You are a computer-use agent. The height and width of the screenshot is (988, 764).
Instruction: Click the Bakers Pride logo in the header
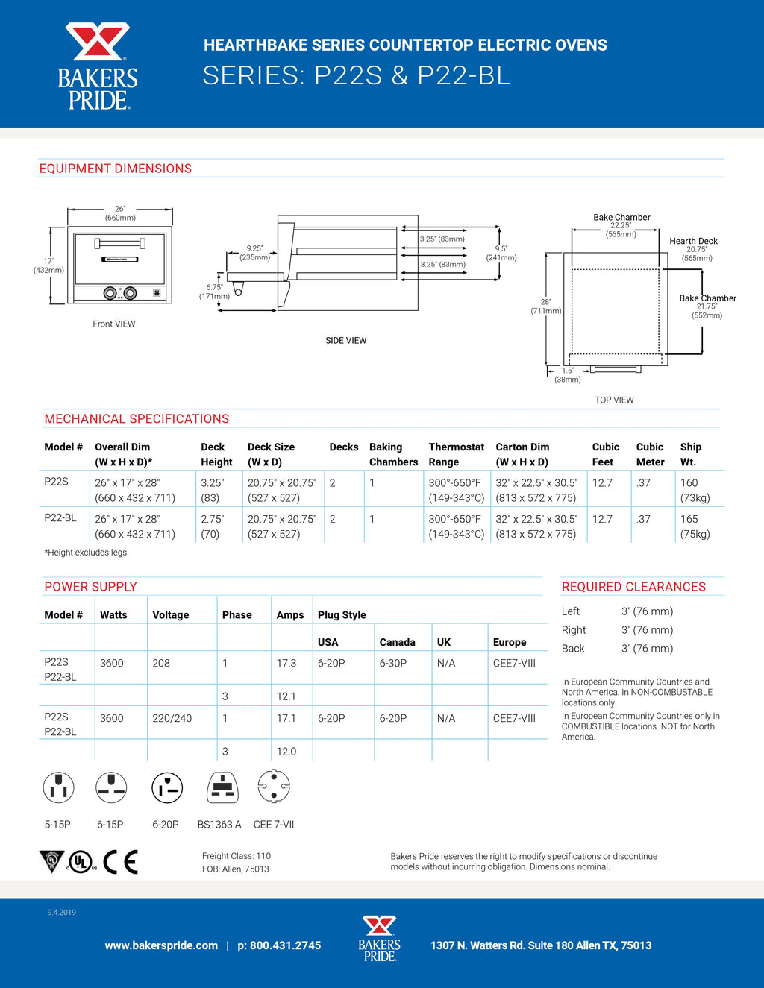click(98, 66)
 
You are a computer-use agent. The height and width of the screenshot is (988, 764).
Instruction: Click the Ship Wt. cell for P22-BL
click(695, 526)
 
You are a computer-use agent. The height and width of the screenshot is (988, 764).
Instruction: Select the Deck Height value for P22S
click(212, 490)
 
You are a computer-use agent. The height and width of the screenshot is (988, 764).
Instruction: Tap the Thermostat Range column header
click(456, 454)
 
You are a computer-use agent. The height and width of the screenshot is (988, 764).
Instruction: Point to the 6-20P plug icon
click(167, 787)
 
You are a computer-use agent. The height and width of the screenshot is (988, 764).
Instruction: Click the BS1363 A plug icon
click(222, 787)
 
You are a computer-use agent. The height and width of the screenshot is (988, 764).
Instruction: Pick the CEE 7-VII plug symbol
click(274, 786)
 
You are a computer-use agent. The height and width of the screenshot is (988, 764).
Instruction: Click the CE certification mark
click(121, 862)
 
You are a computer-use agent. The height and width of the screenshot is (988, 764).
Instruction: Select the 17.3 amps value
click(286, 663)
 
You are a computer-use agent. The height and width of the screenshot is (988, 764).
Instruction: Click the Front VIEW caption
click(114, 324)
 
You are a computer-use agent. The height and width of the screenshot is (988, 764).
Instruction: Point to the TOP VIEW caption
click(614, 400)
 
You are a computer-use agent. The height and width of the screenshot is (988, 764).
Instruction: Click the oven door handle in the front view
click(119, 243)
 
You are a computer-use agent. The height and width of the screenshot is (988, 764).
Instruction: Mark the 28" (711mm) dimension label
click(546, 306)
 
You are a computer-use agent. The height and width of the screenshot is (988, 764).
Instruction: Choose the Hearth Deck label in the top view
click(693, 242)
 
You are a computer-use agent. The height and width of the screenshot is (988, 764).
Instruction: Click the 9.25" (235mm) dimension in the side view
click(255, 253)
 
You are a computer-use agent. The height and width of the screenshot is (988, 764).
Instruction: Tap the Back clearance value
click(647, 649)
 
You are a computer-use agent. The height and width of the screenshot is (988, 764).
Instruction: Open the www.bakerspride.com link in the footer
click(161, 945)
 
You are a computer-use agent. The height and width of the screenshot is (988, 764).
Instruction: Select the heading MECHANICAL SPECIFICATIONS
click(137, 419)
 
